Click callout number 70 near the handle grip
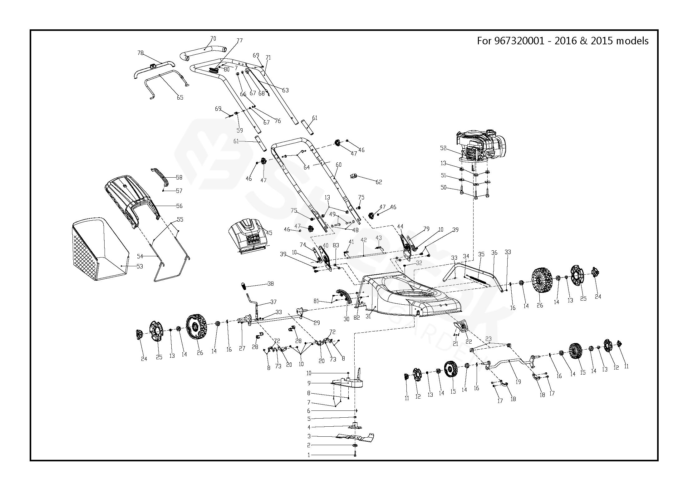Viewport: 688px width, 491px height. (x=213, y=39)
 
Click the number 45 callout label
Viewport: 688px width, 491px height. (x=269, y=233)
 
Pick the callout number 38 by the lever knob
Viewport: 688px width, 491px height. (x=271, y=284)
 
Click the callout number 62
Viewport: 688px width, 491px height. (x=379, y=182)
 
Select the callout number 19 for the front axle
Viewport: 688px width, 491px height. (x=518, y=382)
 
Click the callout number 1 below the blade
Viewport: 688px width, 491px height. (x=309, y=455)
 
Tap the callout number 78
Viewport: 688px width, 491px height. (x=140, y=53)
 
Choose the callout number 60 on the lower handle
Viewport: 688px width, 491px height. (x=338, y=165)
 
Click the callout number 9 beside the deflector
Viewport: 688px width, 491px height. (x=309, y=383)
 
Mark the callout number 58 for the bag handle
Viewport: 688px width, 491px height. (x=179, y=177)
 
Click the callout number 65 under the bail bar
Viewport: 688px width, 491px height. (x=180, y=98)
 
